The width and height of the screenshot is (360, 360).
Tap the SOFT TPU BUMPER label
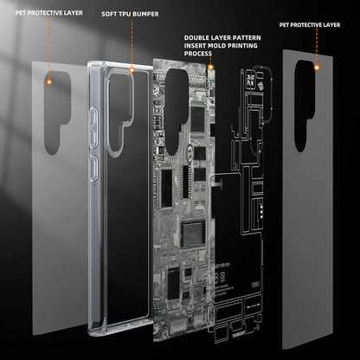click(x=131, y=15)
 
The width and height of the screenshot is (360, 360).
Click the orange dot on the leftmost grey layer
click(x=50, y=80)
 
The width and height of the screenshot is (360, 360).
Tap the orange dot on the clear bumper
click(x=131, y=68)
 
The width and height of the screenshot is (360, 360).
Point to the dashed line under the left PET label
click(x=50, y=48)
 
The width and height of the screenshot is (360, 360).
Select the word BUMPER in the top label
click(x=146, y=15)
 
